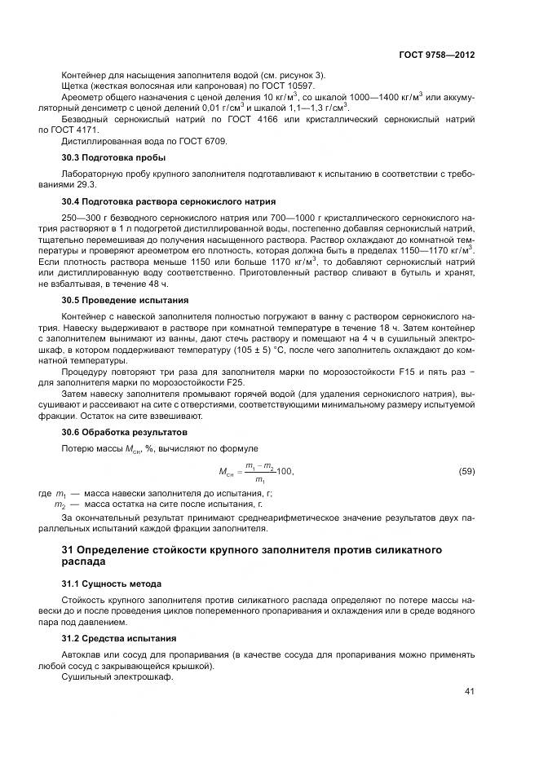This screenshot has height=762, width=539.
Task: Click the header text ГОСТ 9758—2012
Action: point(436,55)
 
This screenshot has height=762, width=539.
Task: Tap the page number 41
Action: point(469,692)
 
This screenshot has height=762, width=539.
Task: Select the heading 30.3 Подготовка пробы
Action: point(113,156)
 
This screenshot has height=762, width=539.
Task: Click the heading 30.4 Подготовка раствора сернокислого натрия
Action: point(169,200)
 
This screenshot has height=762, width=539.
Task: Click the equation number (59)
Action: point(466,472)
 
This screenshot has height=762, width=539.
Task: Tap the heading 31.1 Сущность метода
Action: point(112,584)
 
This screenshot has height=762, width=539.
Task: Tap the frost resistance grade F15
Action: point(401,372)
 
